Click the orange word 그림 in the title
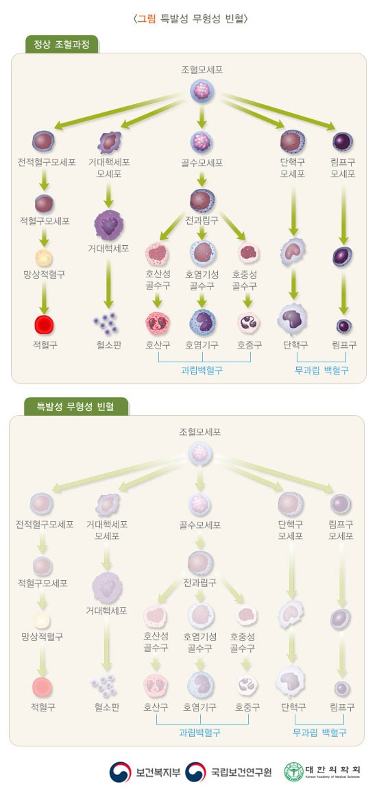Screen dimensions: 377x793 147,19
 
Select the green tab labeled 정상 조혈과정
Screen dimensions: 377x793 61,44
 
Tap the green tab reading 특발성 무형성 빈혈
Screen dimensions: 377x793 76,406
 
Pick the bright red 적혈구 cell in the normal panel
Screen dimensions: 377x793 45,325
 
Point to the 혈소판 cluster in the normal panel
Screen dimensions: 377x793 106,323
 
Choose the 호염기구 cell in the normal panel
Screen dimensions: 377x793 202,322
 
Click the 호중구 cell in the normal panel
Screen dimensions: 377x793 248,323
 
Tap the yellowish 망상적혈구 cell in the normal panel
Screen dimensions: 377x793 44,258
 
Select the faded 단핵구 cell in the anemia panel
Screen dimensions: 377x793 291,681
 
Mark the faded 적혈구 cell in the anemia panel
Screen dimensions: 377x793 42,687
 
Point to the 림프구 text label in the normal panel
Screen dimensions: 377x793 344,345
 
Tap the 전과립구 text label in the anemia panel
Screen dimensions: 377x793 200,582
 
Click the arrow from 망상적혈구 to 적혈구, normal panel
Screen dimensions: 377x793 45,297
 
